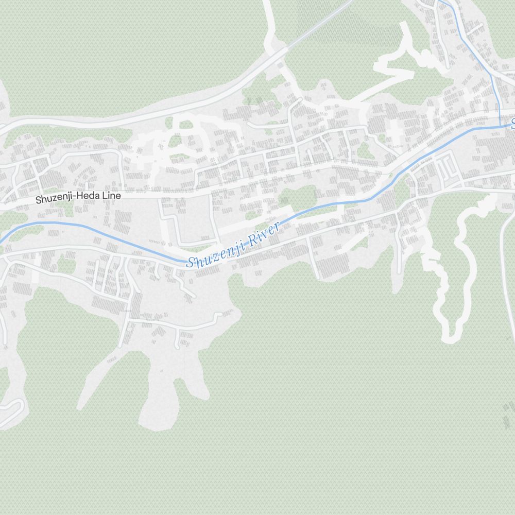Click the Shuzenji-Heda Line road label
[x=78, y=197]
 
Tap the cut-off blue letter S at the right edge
[x=512, y=124]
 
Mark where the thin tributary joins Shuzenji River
[x=499, y=125]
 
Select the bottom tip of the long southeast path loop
[x=450, y=337]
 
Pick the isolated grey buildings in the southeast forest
[x=507, y=415]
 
